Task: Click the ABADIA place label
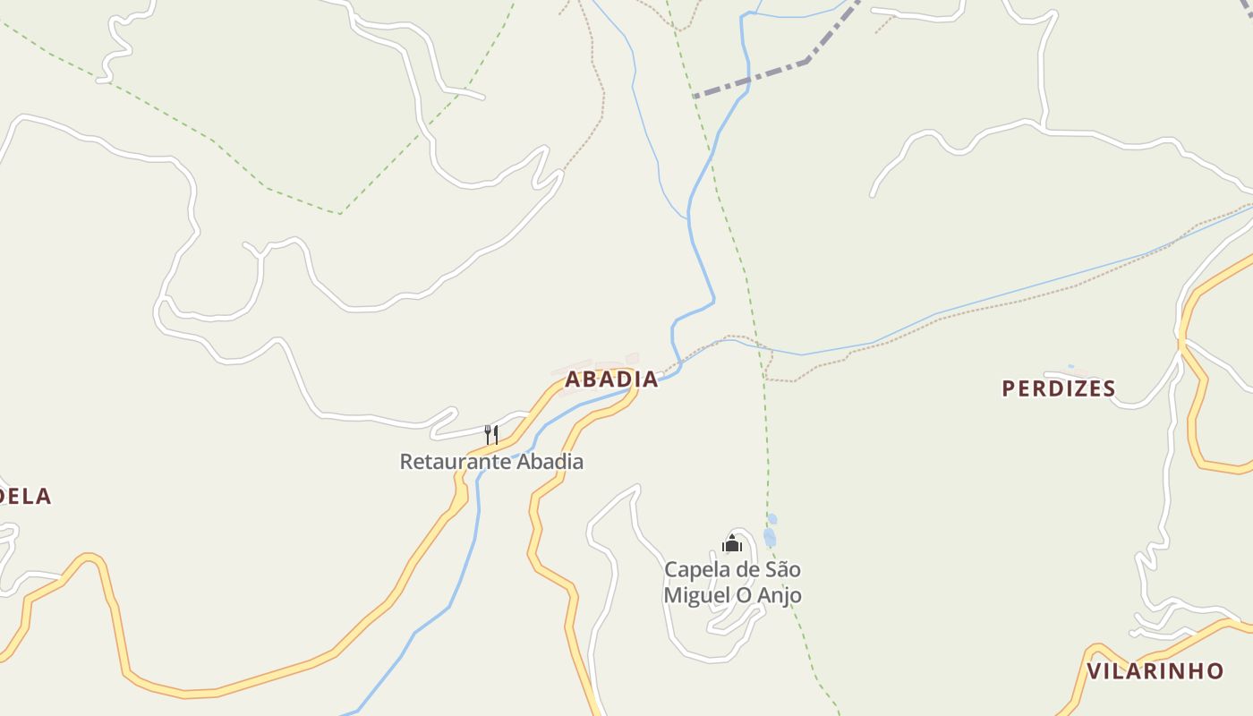(x=611, y=379)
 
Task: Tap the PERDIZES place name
(x=1059, y=388)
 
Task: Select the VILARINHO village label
(x=1155, y=670)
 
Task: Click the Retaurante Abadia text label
(x=491, y=462)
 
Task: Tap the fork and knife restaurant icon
(x=491, y=435)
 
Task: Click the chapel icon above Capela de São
(x=732, y=543)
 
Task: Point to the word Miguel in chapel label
(x=695, y=595)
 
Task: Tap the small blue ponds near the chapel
(x=770, y=534)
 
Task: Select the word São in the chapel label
(x=782, y=570)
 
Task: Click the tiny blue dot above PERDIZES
(x=1070, y=366)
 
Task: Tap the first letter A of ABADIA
(x=573, y=379)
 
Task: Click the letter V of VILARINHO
(x=1094, y=670)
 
